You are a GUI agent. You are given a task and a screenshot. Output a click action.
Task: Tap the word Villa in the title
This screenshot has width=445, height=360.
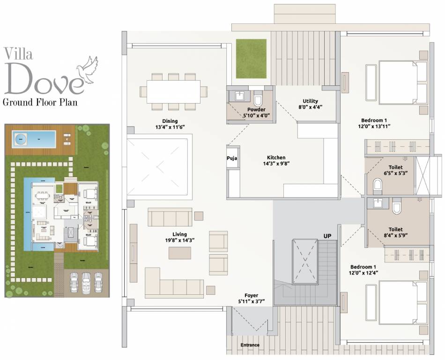point(18,53)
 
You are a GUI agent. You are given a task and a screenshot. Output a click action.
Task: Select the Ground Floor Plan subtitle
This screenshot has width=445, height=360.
point(40,102)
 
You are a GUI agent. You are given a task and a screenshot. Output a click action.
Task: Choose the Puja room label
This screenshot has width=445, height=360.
point(232,158)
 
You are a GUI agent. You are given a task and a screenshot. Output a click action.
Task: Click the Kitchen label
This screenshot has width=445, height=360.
point(276,157)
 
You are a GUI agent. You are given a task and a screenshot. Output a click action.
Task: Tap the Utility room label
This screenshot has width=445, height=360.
point(310,101)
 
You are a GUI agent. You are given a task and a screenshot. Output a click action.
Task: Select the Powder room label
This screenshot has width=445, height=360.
point(256,110)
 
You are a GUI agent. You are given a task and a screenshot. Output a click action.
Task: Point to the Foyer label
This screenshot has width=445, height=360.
point(255,295)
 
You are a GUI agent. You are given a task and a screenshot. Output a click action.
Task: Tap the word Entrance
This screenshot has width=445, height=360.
point(250,345)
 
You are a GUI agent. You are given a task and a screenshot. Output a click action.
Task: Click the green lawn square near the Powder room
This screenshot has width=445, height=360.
point(251,59)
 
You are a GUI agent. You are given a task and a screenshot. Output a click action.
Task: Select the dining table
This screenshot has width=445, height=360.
point(173,91)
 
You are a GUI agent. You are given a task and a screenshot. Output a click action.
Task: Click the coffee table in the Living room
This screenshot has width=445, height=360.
point(180,253)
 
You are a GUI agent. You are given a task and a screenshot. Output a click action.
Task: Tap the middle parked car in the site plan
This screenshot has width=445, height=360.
point(86,283)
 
